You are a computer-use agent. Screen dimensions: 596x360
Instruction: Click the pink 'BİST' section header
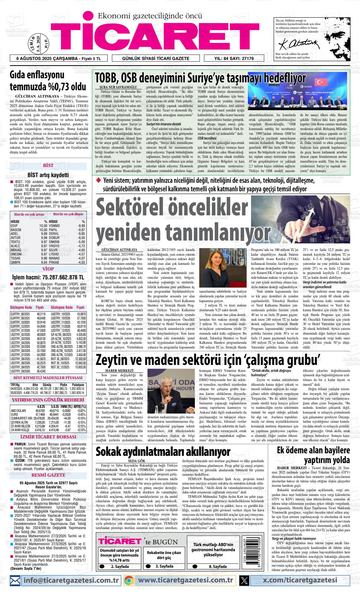48,165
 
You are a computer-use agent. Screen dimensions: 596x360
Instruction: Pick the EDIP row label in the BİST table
14,226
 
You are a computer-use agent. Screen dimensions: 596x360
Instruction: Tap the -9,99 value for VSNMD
81,226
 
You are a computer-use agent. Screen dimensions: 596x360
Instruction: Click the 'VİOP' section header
48,269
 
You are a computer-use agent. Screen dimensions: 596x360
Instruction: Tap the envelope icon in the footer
15,580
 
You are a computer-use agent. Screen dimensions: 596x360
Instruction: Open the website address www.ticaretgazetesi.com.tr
186,580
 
